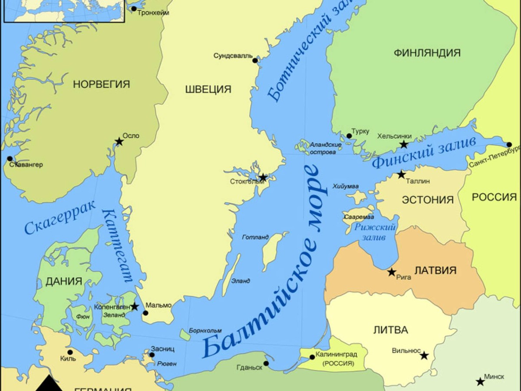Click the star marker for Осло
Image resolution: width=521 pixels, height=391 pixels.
point(119,142)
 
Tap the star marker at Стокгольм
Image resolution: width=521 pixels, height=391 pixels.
point(263,177)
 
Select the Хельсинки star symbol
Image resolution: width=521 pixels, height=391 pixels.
point(404,145)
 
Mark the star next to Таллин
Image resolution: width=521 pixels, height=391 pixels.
point(401,175)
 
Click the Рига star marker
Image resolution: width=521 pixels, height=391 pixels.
point(392,272)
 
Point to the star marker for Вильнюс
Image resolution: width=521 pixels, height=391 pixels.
point(424,356)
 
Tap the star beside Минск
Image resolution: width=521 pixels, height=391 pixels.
point(480,382)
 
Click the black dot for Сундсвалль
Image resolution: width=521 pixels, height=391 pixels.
point(255,60)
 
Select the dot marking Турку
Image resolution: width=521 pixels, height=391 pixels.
point(349,136)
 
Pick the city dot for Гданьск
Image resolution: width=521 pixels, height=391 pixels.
point(266,364)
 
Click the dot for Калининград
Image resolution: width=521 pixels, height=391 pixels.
point(312,357)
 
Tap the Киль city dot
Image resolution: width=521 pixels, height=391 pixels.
point(70,352)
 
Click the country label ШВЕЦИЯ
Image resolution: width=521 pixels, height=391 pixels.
point(208,89)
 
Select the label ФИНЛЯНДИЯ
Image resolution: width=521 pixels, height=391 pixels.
point(427,53)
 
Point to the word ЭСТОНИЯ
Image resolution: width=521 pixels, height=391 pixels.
point(428,200)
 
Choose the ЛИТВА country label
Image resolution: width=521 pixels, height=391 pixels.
point(390,330)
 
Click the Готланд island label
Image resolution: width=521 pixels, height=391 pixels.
point(255,237)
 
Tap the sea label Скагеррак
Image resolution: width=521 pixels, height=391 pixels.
point(60,219)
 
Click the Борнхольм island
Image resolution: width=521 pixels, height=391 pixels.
point(185,335)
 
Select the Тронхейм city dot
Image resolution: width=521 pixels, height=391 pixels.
point(134,9)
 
